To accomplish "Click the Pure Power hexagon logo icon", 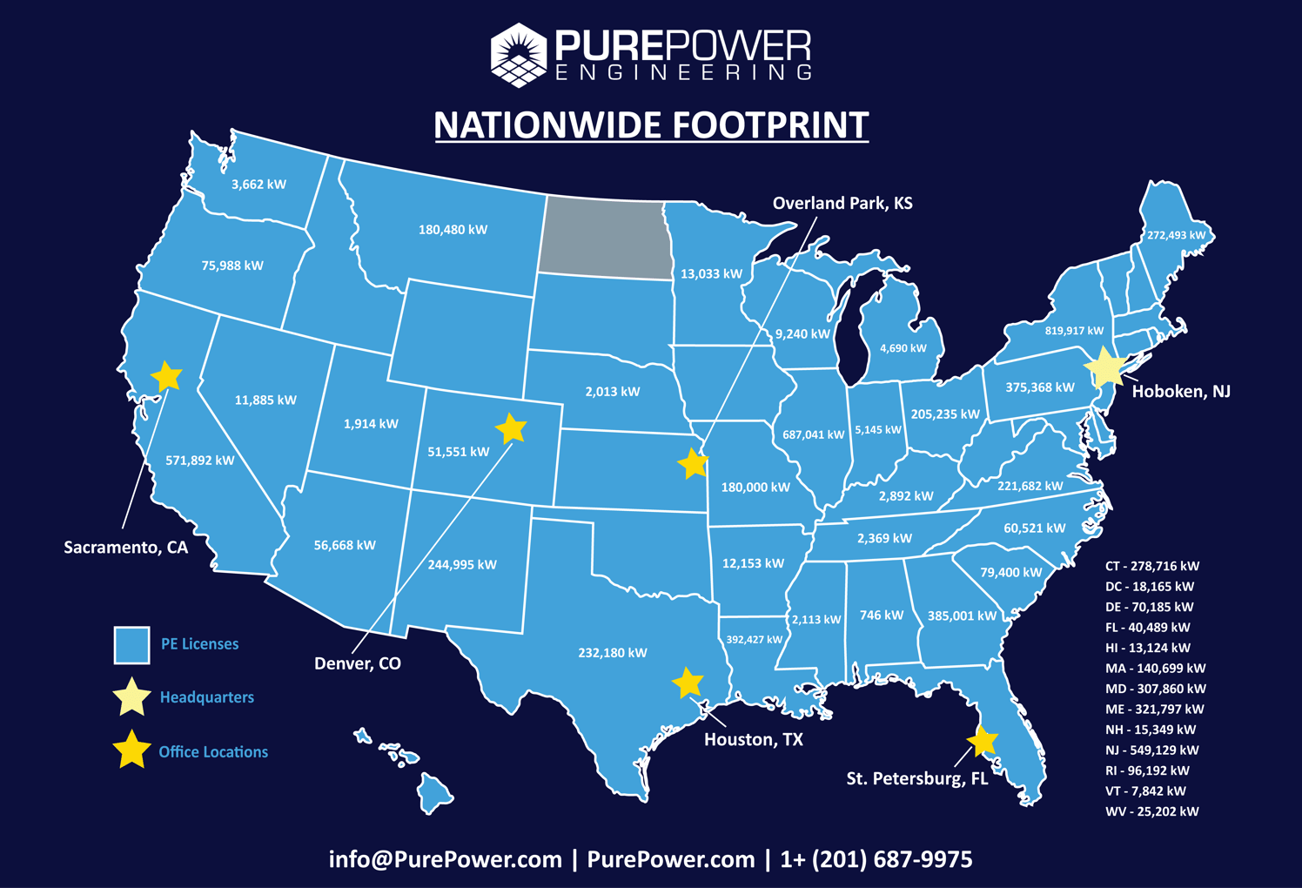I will point(519,55).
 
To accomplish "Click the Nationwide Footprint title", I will point(651,124).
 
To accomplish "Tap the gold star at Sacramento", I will point(166,377).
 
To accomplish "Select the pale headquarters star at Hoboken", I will point(1106,367).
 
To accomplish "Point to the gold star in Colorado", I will point(511,428).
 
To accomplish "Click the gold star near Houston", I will point(688,683).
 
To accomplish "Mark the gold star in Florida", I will point(982,741).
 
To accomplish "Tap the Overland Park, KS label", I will point(842,204).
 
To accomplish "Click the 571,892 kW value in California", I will point(200,461).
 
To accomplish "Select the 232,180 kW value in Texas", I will point(613,653).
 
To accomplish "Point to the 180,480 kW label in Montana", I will point(453,230).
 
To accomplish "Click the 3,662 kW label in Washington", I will point(258,185).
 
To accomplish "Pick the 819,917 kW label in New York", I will point(1074,331).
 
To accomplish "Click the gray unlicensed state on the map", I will point(605,237).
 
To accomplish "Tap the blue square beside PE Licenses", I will point(131,645).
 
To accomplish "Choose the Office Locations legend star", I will point(131,750).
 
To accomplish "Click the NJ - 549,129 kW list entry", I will point(1151,750).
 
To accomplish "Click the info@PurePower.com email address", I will point(445,860).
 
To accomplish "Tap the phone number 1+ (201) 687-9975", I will point(876,860).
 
